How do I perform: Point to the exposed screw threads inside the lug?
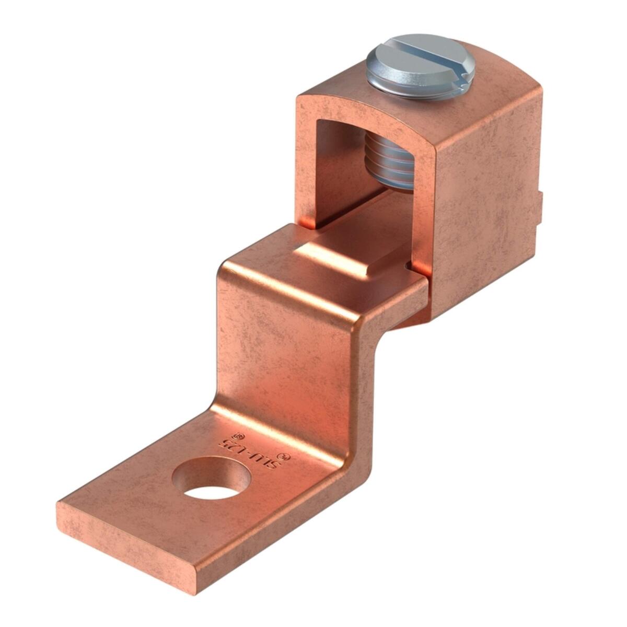point(389,159)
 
